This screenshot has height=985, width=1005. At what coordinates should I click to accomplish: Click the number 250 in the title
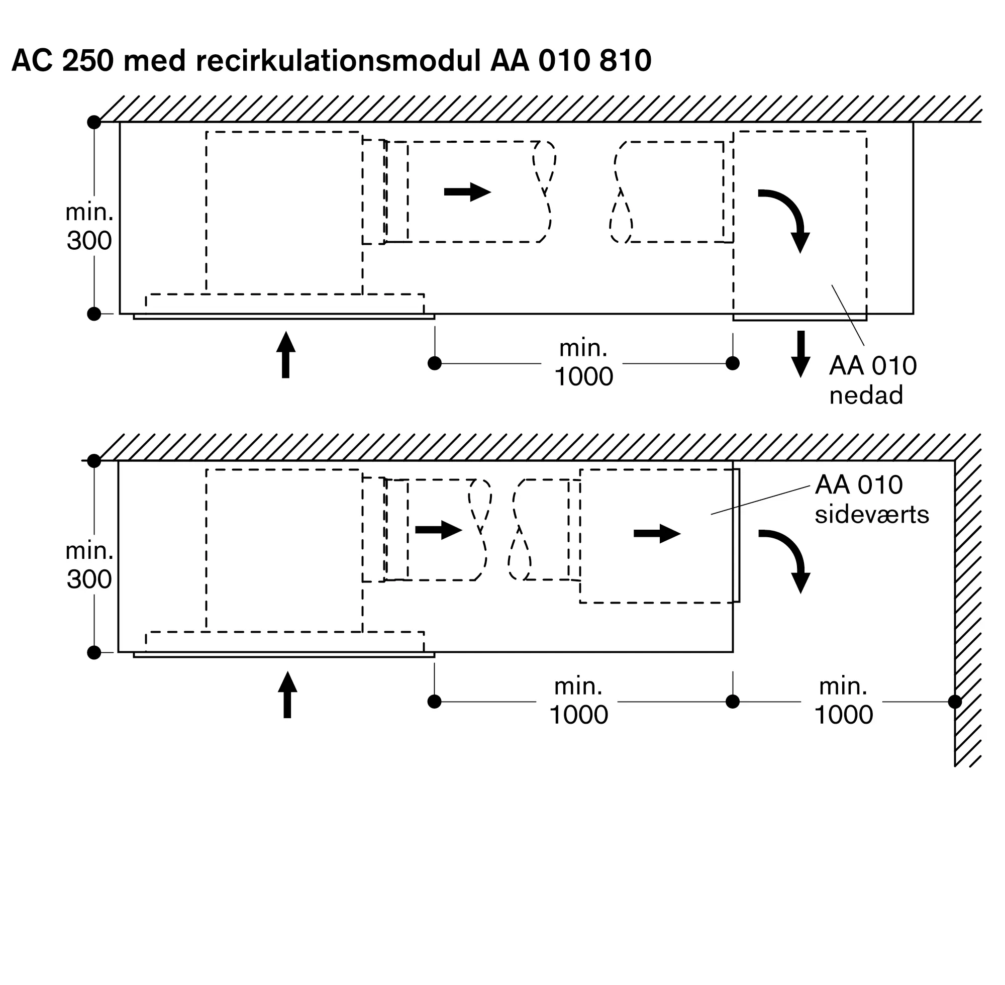click(x=87, y=60)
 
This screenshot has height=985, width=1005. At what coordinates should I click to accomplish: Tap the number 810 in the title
click(x=625, y=60)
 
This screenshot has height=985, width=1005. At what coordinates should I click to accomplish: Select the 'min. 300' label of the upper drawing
click(x=89, y=227)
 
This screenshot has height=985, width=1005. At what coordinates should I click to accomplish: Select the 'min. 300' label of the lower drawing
click(x=89, y=565)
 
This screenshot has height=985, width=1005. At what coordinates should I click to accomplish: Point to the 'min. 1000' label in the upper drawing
click(x=583, y=362)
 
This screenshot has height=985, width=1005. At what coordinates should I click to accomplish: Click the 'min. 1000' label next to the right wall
click(x=843, y=701)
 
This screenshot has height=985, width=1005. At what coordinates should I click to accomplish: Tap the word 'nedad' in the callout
click(x=866, y=395)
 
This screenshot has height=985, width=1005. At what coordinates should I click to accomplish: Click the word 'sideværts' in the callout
click(x=871, y=515)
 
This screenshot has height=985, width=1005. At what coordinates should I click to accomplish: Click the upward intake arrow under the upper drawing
click(x=285, y=355)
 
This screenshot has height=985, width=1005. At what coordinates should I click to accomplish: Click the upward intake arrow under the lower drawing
click(x=287, y=694)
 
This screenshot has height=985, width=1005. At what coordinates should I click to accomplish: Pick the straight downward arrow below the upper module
click(x=800, y=354)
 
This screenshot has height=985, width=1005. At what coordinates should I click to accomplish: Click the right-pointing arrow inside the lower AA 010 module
click(x=656, y=533)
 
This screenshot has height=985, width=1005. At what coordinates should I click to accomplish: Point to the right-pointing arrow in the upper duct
click(x=467, y=192)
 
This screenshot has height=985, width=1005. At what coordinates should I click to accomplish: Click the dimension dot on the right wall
click(x=955, y=702)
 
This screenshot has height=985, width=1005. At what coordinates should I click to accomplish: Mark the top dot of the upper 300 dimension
click(x=94, y=123)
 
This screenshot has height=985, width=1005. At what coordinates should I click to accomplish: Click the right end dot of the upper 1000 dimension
click(x=733, y=363)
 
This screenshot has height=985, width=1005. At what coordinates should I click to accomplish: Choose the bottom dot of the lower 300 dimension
click(x=94, y=652)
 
